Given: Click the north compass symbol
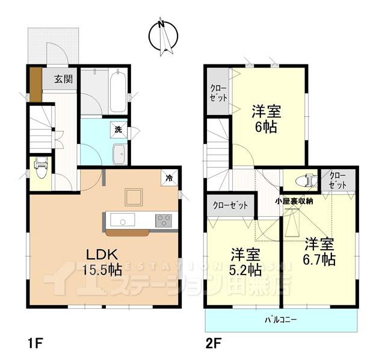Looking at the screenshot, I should tap(163, 36).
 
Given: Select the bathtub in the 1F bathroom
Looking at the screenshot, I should tap(119, 90).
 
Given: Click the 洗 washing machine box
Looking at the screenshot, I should tap(118, 129).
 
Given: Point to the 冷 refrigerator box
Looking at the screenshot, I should tap(170, 178).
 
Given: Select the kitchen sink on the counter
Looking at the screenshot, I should tap(123, 219).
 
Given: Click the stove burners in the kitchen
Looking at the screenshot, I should tap(164, 220).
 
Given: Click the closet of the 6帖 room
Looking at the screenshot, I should tap(218, 92).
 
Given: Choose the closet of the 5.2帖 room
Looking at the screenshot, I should tap(231, 205).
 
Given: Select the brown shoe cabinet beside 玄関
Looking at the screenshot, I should tap(36, 85).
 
